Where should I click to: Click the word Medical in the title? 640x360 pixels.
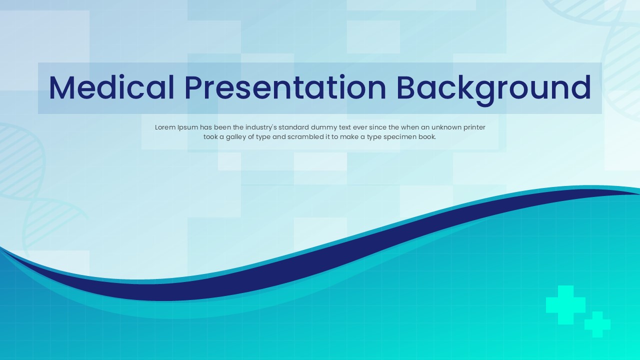[111, 87]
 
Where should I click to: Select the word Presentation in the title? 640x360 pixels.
[285, 87]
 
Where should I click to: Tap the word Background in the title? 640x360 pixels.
[493, 87]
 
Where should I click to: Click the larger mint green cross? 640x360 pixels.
[565, 304]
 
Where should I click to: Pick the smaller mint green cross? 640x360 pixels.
[597, 324]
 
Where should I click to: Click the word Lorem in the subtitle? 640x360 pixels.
[165, 127]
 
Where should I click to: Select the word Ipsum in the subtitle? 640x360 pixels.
[187, 127]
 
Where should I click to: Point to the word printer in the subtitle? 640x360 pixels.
[474, 127]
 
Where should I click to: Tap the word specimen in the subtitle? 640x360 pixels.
[402, 137]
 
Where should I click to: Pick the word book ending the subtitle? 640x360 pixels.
[427, 137]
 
